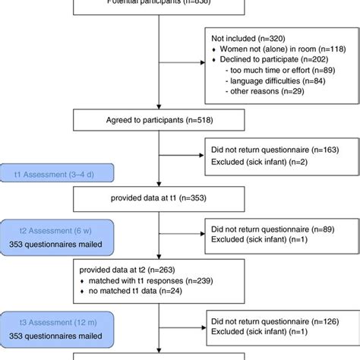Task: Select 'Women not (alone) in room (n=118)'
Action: click(282, 46)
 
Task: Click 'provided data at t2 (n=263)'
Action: click(123, 268)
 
